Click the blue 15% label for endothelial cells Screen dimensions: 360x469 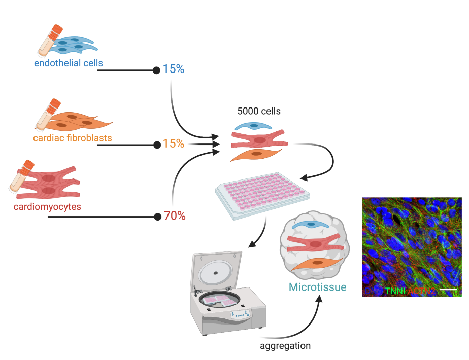click(x=173, y=69)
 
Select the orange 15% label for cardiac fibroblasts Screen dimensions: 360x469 click(x=173, y=144)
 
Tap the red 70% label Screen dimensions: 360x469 click(x=174, y=216)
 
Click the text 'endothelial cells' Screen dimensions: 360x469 click(x=69, y=63)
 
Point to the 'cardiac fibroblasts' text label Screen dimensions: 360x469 click(x=73, y=137)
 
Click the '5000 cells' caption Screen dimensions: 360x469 click(x=259, y=111)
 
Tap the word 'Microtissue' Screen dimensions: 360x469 click(x=317, y=287)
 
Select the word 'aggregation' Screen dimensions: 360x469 click(x=285, y=346)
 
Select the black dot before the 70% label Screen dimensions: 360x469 click(x=157, y=217)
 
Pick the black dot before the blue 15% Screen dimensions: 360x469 click(x=156, y=70)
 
